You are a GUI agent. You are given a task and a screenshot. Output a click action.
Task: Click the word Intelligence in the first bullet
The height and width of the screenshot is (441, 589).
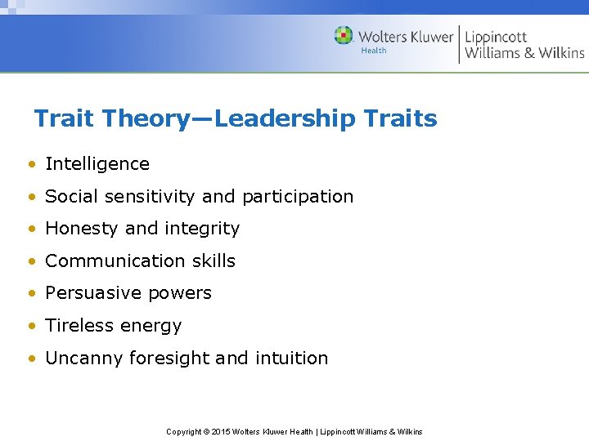97,164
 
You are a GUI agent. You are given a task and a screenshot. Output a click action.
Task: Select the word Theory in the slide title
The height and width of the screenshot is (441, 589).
144,119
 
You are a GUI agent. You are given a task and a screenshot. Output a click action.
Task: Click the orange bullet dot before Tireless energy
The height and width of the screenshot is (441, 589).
30,326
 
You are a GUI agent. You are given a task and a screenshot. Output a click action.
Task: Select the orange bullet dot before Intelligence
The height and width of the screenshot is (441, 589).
30,164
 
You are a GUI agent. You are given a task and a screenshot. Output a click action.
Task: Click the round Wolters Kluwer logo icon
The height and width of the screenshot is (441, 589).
344,35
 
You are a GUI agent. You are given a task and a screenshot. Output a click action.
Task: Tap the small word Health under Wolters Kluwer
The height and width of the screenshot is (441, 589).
373,51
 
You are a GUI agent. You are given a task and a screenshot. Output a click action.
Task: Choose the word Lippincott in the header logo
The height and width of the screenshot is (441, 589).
496,37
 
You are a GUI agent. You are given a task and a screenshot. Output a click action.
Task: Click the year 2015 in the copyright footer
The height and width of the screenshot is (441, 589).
222,431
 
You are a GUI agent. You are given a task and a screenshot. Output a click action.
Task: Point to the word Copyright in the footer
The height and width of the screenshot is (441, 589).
184,431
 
